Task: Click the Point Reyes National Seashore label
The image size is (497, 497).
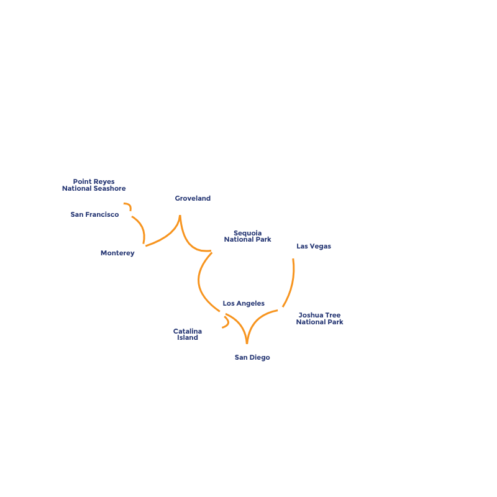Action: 94,185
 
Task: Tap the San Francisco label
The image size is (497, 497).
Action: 94,215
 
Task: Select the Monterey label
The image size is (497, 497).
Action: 117,253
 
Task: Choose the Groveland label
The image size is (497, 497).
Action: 193,199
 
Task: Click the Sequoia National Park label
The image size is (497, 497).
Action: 247,236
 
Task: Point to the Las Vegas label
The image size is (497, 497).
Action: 314,247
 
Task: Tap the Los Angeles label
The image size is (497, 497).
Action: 244,303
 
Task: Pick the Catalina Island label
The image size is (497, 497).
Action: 187,334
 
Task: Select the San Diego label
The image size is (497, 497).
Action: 252,357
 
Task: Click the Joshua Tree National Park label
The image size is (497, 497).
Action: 319,319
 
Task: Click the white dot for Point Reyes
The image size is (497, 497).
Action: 121,203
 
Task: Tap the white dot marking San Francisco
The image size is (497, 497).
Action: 129,214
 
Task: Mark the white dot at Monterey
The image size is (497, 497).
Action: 142,247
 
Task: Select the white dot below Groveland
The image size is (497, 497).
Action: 180,212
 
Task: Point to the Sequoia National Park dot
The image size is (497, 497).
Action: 214,250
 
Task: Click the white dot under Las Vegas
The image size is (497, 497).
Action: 293,255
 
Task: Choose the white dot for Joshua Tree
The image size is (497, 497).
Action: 281,309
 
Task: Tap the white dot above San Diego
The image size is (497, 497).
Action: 247,347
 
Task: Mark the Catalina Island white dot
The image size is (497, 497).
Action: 219,329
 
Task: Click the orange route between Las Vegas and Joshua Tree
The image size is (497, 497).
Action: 292,283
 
